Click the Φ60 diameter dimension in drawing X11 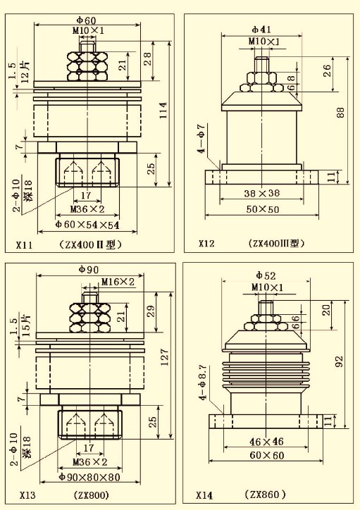coord(86,20)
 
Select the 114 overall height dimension coord(163,111)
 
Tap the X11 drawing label coord(25,244)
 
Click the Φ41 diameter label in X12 coord(261,30)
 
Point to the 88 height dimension coord(340,113)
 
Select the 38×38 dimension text coord(262,193)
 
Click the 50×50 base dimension coord(263,209)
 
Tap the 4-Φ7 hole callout coord(202,138)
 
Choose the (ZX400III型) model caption coord(276,243)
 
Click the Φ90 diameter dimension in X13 coord(89,270)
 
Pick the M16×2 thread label coord(118,282)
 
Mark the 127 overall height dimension coord(164,357)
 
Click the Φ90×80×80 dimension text coord(89,477)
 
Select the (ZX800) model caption coord(92,495)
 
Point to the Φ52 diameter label coord(266,276)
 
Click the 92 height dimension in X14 coord(339,361)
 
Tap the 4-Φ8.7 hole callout coord(204,382)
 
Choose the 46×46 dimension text coord(266,442)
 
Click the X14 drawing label coord(204,495)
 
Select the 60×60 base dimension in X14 coord(267,455)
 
